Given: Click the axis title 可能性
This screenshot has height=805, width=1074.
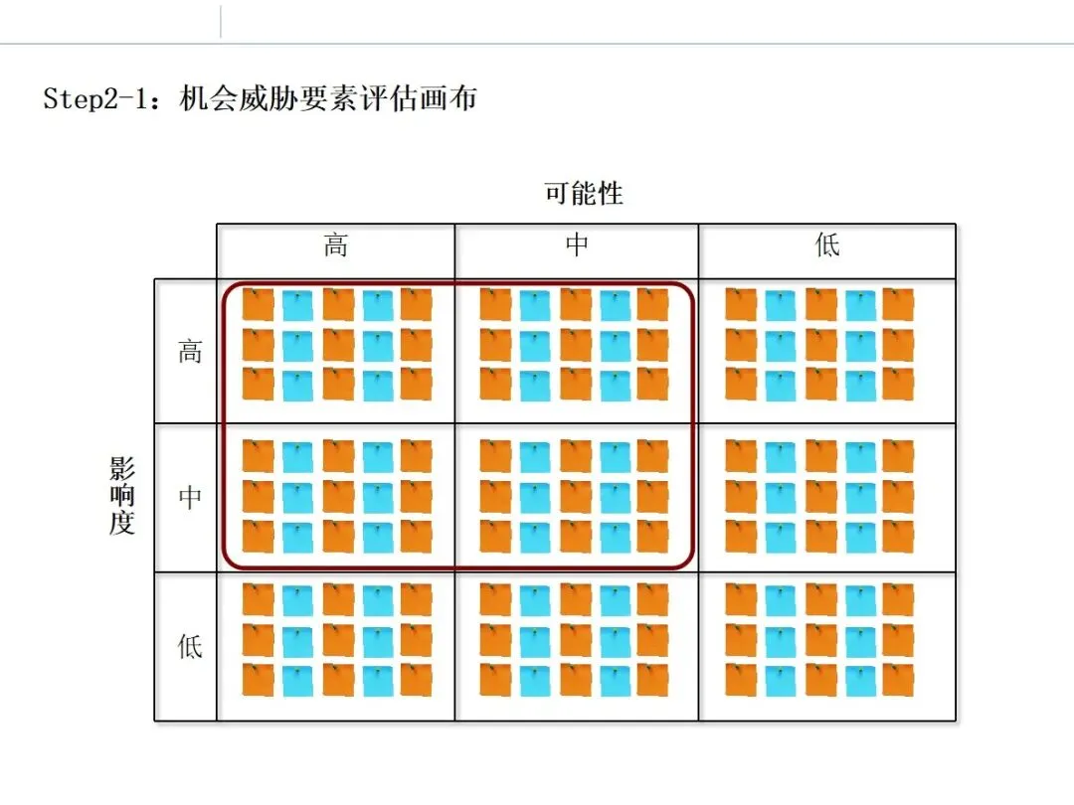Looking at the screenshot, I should pos(584,193).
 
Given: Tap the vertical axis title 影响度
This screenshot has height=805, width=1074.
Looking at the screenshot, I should pos(122,496).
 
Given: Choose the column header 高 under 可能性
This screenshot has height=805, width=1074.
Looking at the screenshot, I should pos(336,245).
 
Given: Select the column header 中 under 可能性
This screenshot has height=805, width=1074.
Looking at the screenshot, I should pos(577,245).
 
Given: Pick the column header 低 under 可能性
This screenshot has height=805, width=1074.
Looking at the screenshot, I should pos(827,245).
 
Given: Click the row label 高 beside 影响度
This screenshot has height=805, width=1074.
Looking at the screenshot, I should pos(189,351).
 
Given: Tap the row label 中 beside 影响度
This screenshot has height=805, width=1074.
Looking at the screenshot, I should pos(189,496).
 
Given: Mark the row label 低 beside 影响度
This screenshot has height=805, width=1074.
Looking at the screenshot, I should pos(189,646).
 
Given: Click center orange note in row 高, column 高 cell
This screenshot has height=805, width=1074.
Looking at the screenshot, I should pos(338,345).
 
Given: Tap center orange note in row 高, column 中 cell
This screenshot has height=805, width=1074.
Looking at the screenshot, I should pos(575,345).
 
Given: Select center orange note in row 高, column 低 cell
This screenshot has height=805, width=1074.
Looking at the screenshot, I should pos(820,345).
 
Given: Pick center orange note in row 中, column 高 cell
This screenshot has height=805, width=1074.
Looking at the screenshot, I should pos(338,496).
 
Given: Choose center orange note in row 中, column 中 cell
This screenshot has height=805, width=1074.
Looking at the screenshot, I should pos(575,496).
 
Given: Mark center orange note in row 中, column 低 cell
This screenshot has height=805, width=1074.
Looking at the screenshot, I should pos(820,496).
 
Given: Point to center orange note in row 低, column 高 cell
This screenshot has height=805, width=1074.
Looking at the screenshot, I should pos(338,639).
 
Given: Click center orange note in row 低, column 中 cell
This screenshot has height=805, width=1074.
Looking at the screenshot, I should pos(575,639).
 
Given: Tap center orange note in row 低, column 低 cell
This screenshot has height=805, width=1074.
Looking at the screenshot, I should pos(820,639).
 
